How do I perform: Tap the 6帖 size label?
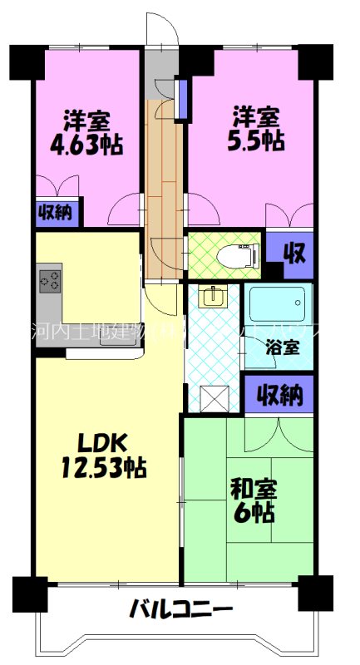[x=253, y=513]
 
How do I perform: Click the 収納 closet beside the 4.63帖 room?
[x=56, y=213]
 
